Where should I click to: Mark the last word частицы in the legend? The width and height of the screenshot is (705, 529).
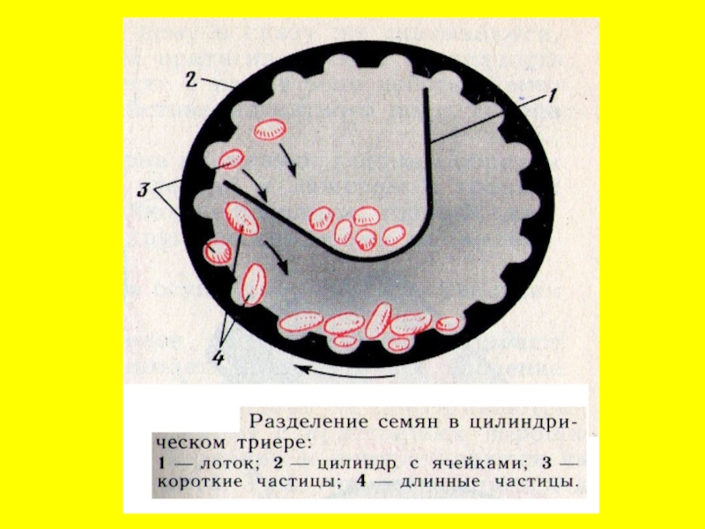click(538, 482)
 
